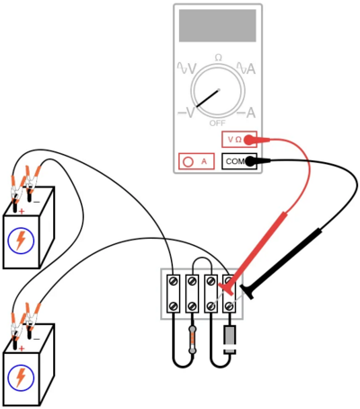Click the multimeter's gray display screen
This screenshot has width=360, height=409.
[218, 25]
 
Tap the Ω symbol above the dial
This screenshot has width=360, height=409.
[219, 58]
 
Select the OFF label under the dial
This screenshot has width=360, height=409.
[217, 123]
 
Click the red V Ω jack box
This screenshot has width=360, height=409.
[239, 140]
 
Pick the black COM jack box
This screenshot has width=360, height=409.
[239, 161]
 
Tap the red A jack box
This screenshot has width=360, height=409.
[196, 161]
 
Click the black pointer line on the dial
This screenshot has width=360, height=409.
[208, 98]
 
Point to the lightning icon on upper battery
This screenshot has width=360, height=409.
[21, 241]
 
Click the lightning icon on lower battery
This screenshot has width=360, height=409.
[21, 377]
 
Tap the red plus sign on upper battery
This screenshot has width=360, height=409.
[22, 212]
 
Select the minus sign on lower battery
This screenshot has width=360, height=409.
[36, 340]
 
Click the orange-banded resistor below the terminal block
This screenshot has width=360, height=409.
[192, 340]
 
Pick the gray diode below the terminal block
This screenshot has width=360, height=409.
[229, 340]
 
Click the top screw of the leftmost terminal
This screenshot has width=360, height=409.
[174, 281]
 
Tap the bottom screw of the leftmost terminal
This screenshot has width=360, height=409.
[174, 306]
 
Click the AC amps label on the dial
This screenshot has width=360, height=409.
[246, 68]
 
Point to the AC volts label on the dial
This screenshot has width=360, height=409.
[186, 68]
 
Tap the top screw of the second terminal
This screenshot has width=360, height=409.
[192, 281]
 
